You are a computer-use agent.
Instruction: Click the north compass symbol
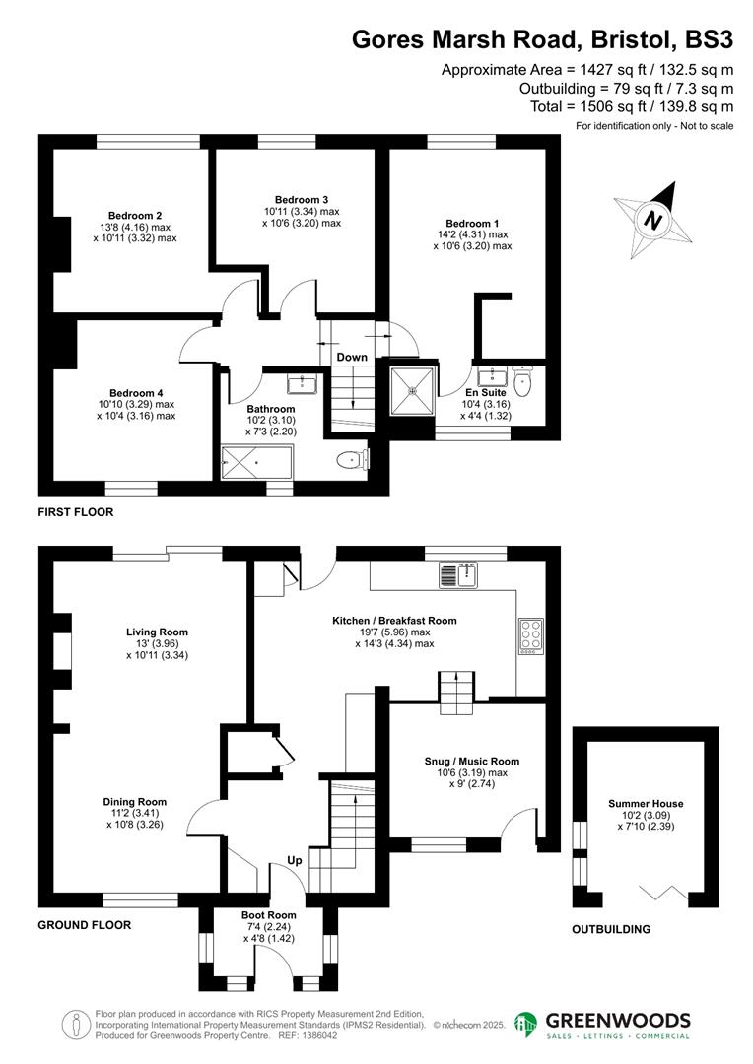[x=652, y=220]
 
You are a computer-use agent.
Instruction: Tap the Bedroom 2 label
[x=135, y=216]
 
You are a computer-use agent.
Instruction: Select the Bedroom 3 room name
[x=302, y=199]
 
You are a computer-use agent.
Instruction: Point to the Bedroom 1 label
[x=472, y=223]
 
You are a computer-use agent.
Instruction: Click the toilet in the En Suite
[x=522, y=379]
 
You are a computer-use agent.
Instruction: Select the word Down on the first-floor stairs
[x=352, y=357]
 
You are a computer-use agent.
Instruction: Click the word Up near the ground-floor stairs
[x=294, y=860]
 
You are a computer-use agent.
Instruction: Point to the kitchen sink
[x=458, y=573]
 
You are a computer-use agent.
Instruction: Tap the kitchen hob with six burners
[x=529, y=635]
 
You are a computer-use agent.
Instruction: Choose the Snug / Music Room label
[x=472, y=761]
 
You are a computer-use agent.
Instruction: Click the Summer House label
[x=646, y=804]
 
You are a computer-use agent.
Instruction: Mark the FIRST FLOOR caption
[x=76, y=512]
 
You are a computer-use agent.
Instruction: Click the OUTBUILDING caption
[x=612, y=929]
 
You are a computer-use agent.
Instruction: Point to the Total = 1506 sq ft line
[x=633, y=106]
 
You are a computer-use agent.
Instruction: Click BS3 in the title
[x=710, y=40]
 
